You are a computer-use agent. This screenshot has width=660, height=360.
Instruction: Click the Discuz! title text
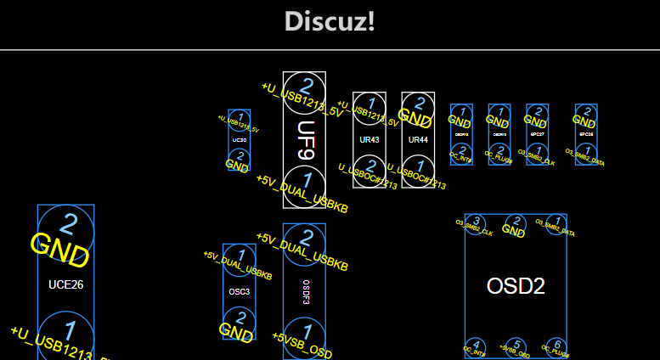330,22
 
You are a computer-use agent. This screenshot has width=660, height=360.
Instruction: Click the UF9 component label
305,140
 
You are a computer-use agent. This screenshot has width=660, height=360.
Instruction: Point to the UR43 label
369,139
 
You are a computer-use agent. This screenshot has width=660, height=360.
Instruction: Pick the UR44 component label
418,139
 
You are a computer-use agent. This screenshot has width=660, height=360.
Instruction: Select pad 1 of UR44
415,166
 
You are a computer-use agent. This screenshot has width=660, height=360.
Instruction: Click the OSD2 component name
516,286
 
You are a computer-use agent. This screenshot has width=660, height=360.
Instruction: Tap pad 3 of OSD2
477,223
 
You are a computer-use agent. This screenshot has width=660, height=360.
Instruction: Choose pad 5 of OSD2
515,345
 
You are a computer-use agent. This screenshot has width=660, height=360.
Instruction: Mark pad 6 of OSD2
556,345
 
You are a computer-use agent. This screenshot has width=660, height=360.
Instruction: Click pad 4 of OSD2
477,345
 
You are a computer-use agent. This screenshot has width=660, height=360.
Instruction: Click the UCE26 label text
65,284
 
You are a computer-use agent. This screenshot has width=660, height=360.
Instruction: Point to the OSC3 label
240,291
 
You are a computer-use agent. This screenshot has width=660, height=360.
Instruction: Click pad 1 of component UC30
240,118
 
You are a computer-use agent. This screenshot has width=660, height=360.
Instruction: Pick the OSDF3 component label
305,291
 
